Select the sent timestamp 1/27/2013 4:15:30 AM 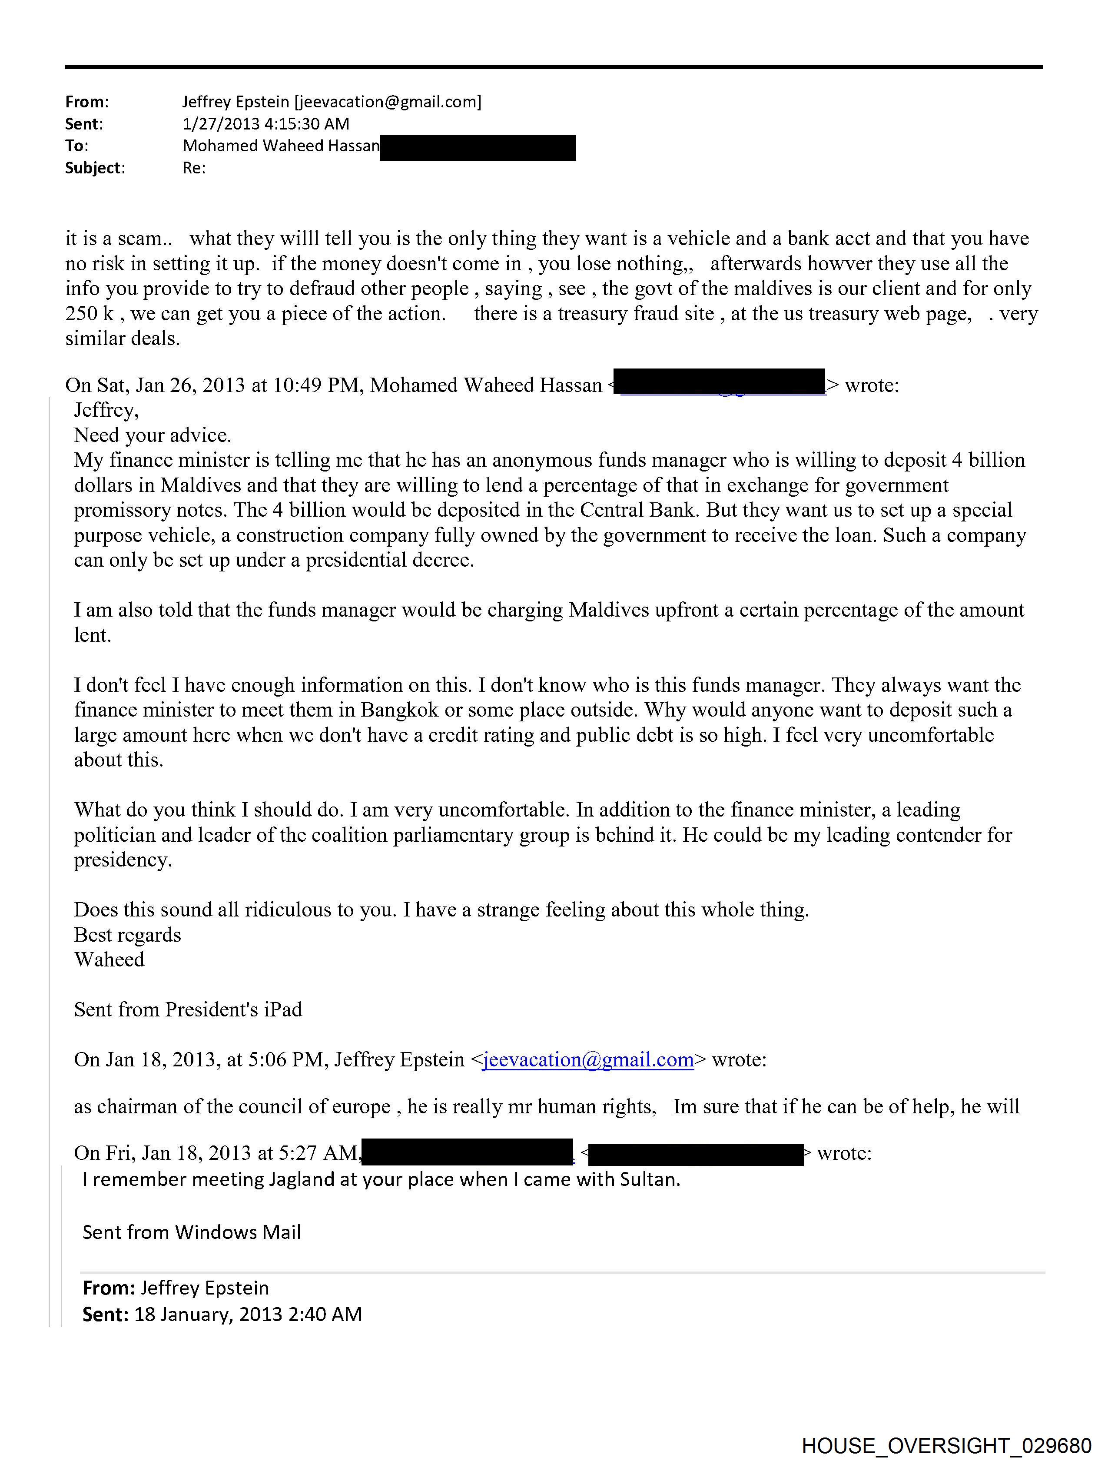pos(265,124)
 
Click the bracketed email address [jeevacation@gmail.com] pos(388,102)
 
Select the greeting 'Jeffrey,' pos(106,410)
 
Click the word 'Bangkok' pos(399,710)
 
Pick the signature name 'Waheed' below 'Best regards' pos(109,959)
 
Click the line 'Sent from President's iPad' pos(188,1009)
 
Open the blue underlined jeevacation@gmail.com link pos(588,1059)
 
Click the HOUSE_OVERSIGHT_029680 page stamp pos(946,1446)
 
